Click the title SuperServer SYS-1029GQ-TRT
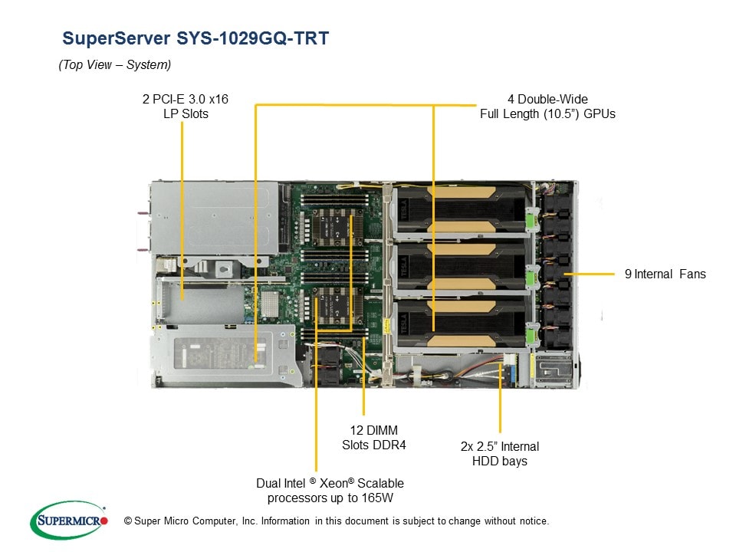(x=195, y=38)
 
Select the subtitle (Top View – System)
(x=115, y=65)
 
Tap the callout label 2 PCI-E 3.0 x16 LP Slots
(x=186, y=106)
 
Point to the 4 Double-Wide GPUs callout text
(x=547, y=106)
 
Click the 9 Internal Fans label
(x=665, y=274)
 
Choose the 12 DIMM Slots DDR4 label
(x=373, y=437)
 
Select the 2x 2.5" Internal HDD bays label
(x=500, y=453)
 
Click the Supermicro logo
(x=68, y=521)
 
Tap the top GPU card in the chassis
(x=460, y=211)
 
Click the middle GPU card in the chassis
(x=460, y=264)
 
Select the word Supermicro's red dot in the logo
(x=104, y=521)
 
